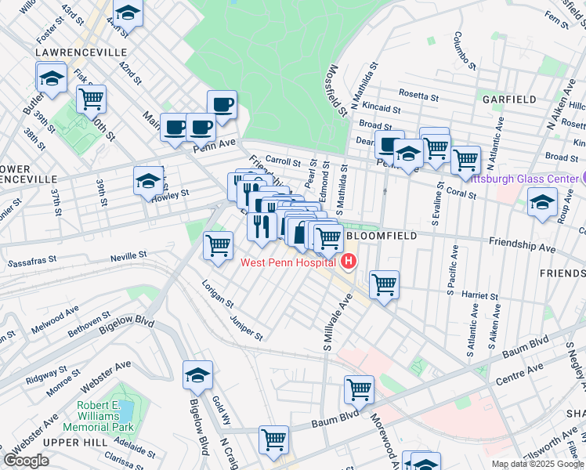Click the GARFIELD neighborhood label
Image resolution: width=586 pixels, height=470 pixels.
point(509,99)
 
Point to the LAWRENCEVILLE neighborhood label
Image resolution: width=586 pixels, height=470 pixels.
point(81,52)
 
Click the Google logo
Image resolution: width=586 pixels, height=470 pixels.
point(26,461)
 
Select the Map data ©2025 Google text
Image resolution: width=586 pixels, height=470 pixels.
point(536,464)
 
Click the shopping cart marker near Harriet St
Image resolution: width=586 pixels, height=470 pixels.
point(384,284)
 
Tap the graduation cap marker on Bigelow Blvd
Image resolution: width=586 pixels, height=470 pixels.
point(198,375)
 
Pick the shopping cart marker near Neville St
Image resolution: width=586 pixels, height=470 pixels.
point(219,245)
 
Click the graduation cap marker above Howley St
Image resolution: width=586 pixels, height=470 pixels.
point(148,181)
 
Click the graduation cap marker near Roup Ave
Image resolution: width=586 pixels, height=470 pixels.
point(541,202)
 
